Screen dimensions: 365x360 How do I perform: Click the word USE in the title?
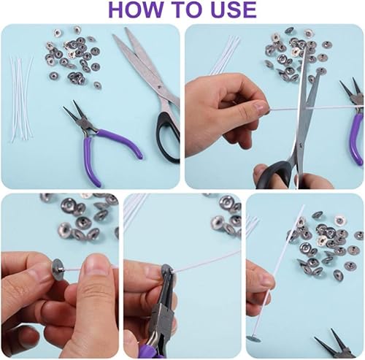tap(233, 9)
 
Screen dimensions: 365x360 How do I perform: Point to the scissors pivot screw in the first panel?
tap(159, 86)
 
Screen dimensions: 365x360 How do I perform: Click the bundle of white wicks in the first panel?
tap(20, 100)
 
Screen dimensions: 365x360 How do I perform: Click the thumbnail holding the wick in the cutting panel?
tap(260, 107)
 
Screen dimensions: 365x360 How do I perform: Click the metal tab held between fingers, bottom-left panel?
tap(58, 269)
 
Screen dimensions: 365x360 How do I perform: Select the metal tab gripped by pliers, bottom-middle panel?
tap(166, 271)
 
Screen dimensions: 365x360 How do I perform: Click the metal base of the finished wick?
tap(253, 339)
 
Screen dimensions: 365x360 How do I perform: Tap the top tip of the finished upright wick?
tap(304, 206)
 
